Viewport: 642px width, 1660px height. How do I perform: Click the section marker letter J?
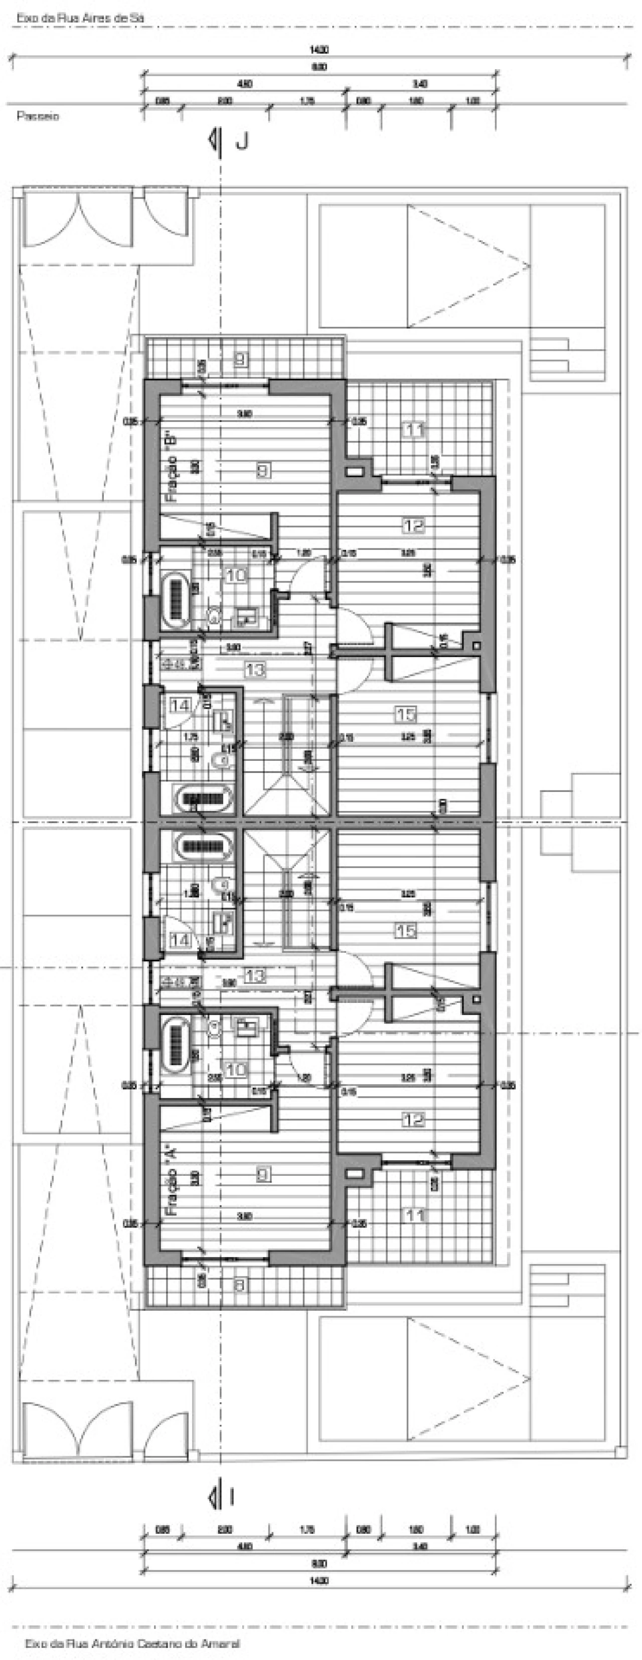coord(242,142)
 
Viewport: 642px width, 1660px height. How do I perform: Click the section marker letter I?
coord(231,1498)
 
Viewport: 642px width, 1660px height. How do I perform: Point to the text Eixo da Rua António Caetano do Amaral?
coord(132,1643)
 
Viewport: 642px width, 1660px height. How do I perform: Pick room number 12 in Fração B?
coord(413,526)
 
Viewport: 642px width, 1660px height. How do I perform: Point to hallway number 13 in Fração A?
coord(255,975)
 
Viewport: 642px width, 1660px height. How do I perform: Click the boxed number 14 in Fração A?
coord(180,940)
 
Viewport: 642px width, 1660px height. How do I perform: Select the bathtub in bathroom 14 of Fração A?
coord(202,845)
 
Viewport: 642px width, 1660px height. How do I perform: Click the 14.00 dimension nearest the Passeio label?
coord(319,50)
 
